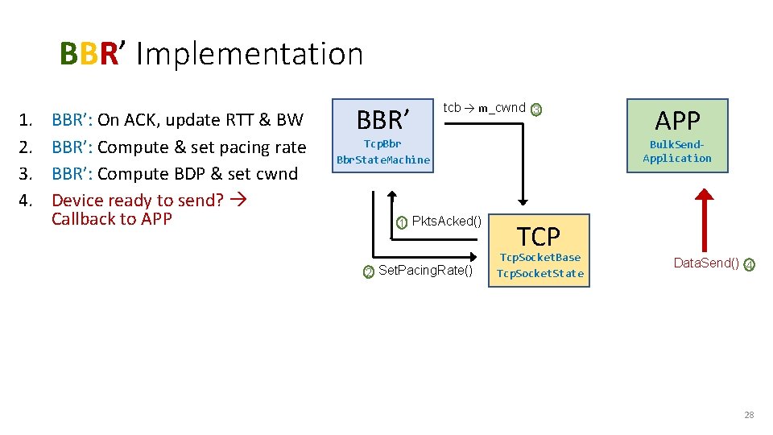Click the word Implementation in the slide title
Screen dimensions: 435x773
(x=250, y=54)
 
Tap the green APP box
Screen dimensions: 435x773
(x=677, y=135)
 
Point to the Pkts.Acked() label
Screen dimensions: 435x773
(x=446, y=222)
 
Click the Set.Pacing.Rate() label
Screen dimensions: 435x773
(x=425, y=271)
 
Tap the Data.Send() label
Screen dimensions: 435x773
(x=706, y=263)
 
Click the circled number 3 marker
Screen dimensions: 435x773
(x=537, y=110)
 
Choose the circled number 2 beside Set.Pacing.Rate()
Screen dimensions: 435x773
(x=368, y=272)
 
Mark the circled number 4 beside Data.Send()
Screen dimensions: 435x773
(x=749, y=264)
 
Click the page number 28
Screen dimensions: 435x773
(x=749, y=415)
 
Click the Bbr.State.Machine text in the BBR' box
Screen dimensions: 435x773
(x=383, y=159)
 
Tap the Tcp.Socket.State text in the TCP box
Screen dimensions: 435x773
(x=539, y=273)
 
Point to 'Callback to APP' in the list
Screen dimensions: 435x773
(x=111, y=219)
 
